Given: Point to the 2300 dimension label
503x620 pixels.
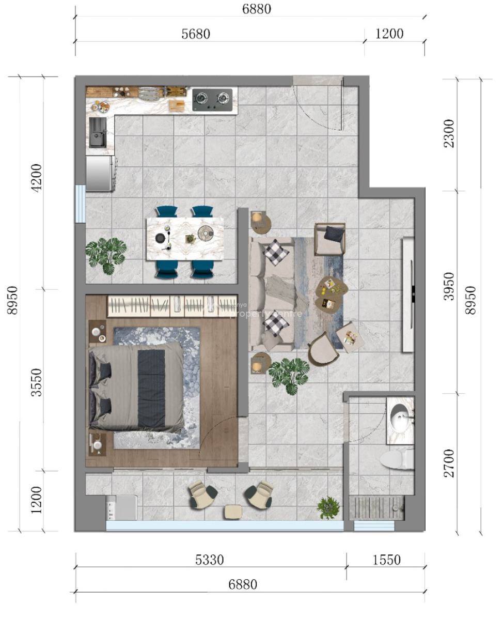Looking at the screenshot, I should (x=450, y=134).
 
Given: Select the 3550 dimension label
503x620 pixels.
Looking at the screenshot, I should (x=36, y=380).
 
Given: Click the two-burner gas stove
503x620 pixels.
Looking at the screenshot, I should (x=212, y=99).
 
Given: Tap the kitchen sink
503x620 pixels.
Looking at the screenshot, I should (x=97, y=132).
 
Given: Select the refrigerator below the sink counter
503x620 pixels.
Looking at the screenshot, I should (x=99, y=174).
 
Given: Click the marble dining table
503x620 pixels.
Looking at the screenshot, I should (x=185, y=237).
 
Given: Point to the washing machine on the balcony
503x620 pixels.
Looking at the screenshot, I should (x=121, y=507).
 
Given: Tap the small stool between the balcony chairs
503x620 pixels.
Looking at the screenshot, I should (x=233, y=511).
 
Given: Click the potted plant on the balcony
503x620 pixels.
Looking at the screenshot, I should (x=328, y=506).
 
